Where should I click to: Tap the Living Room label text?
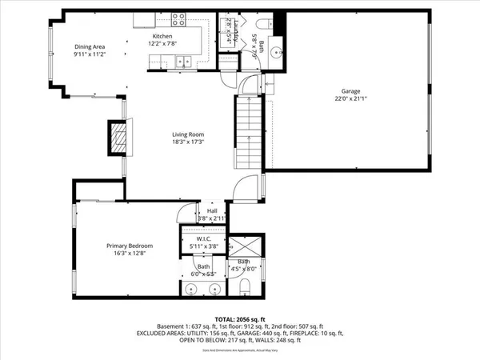190,134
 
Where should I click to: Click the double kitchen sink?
185,61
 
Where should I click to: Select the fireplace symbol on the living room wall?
119,138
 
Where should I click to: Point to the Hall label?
201,210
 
